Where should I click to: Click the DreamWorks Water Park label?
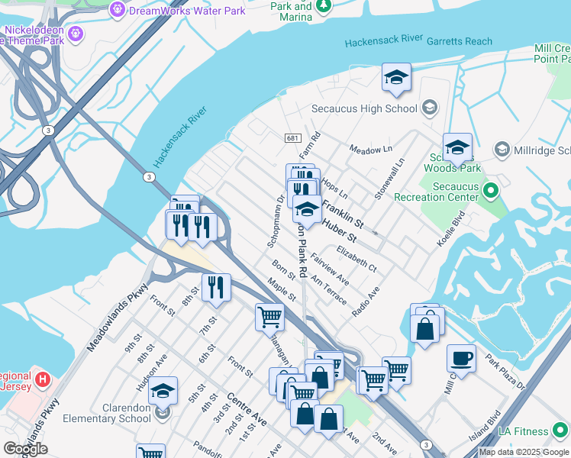[188, 11]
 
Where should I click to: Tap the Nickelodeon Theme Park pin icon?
[75, 34]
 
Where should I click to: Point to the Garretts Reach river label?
[460, 41]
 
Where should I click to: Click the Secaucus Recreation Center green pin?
[491, 189]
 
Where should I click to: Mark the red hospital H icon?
[43, 378]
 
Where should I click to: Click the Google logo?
[26, 449]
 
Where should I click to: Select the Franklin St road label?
[342, 212]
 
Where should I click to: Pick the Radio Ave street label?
[366, 303]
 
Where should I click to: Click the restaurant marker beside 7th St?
[216, 288]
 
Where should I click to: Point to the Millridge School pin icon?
[502, 147]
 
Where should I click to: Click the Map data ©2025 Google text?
[523, 452]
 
